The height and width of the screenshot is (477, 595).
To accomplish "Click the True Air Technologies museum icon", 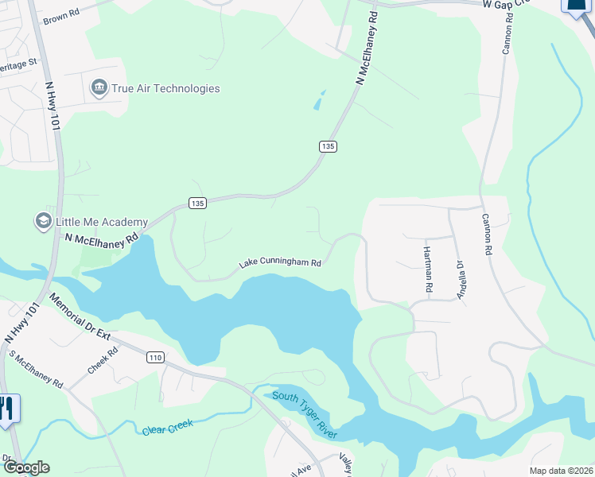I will pyautogui.click(x=99, y=88).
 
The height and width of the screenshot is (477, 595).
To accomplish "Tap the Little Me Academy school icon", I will pyautogui.click(x=43, y=221).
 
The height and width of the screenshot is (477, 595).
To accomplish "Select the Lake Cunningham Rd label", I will pyautogui.click(x=281, y=263).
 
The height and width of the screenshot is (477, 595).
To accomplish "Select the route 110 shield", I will pyautogui.click(x=155, y=359).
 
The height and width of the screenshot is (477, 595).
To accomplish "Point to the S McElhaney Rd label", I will pyautogui.click(x=36, y=370).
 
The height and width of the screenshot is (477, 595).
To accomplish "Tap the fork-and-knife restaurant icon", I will pyautogui.click(x=7, y=409).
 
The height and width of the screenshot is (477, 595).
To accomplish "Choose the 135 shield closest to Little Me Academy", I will pyautogui.click(x=198, y=204).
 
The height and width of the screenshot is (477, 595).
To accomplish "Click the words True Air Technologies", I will pyautogui.click(x=165, y=88).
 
